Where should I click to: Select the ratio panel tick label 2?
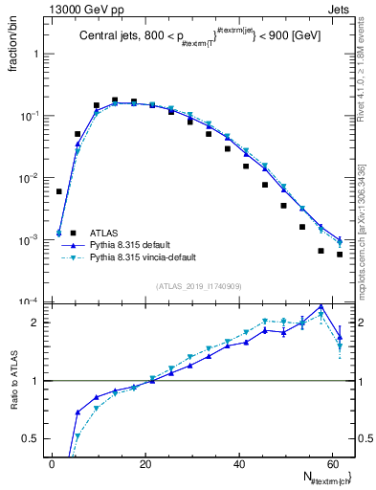click(35, 323)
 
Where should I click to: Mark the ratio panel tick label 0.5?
click(31, 439)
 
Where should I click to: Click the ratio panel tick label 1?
click(35, 381)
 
